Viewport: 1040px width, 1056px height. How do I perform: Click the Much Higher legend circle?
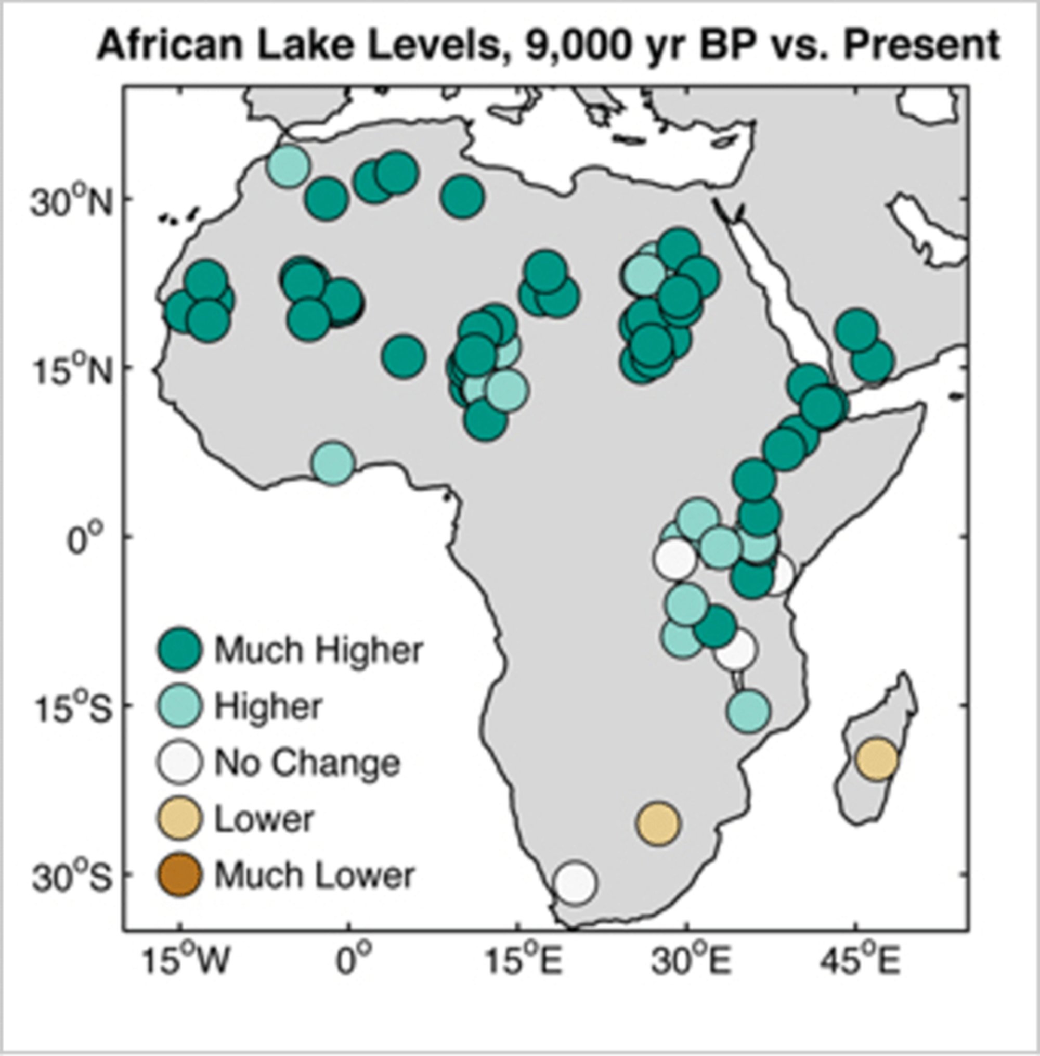click(x=180, y=649)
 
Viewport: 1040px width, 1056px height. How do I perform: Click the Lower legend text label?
click(x=264, y=818)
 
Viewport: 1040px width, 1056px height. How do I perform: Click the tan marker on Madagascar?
click(x=877, y=758)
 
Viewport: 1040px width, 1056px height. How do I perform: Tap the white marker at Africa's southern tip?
click(x=575, y=882)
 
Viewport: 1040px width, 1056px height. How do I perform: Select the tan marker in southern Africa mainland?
click(x=658, y=823)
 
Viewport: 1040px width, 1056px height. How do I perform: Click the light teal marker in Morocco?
click(x=288, y=165)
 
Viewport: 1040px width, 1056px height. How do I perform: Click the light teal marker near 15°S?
click(x=749, y=711)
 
